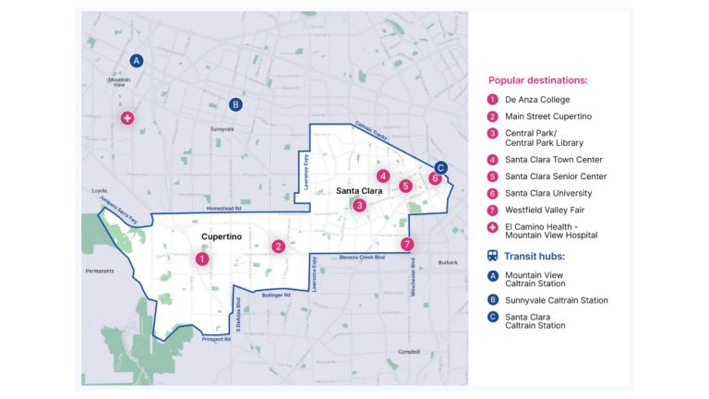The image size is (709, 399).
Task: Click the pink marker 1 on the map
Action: tap(202, 260)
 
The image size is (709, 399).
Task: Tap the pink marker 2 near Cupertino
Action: tap(278, 247)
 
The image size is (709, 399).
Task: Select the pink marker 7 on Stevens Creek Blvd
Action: tap(407, 245)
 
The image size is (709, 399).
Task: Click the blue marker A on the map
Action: tap(137, 61)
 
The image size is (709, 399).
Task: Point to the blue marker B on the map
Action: tap(235, 104)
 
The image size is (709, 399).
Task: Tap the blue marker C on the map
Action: tap(440, 168)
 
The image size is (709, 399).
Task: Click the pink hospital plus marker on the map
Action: tap(127, 118)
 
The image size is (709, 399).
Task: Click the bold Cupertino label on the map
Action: tap(221, 237)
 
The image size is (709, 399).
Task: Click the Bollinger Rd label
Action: tap(274, 296)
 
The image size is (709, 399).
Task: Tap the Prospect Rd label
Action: tap(216, 339)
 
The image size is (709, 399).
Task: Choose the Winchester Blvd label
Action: tap(412, 278)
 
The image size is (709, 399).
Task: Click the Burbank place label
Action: tap(448, 262)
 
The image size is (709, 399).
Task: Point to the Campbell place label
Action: tap(409, 352)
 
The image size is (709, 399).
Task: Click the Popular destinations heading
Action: tap(537, 80)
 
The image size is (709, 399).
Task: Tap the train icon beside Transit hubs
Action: tap(493, 257)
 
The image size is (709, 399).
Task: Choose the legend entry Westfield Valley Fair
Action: tap(545, 211)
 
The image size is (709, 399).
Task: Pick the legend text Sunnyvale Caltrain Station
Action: tap(556, 300)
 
